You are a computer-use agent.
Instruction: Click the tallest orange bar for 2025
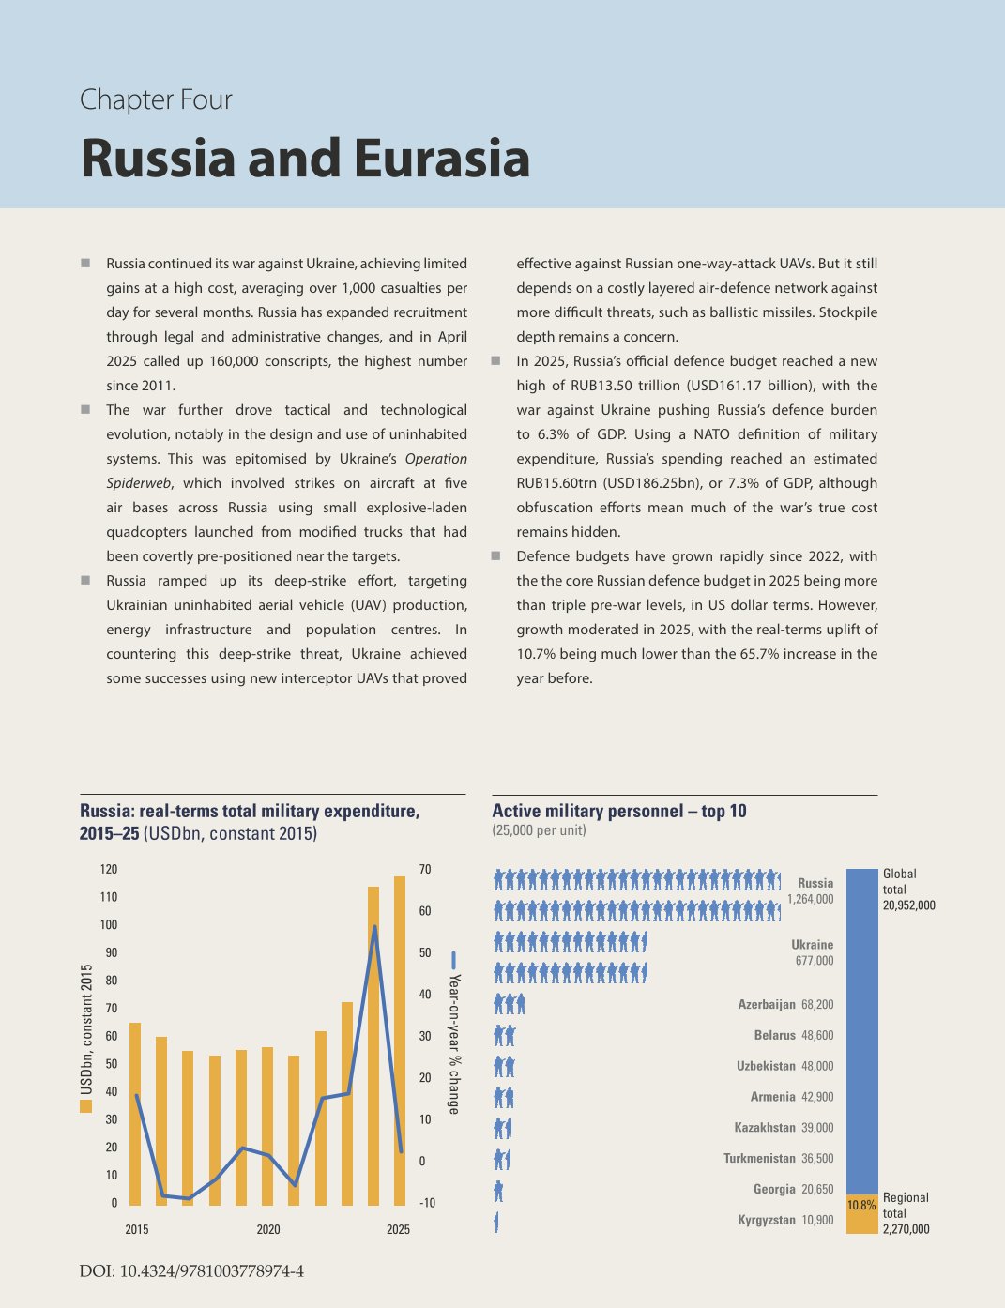coord(400,1041)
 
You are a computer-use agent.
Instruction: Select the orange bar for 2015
coord(135,1114)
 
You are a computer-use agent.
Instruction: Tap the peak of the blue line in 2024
coord(374,926)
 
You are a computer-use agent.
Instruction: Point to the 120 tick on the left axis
coord(109,869)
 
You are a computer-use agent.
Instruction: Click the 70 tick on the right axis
coord(425,869)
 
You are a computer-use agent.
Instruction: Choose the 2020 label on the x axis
coord(268,1229)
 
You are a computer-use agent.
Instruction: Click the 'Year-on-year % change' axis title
coord(454,1044)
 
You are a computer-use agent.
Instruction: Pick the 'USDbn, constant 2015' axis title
coord(86,1029)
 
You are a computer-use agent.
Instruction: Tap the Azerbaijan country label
coord(766,1004)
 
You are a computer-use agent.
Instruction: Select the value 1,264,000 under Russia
coord(810,899)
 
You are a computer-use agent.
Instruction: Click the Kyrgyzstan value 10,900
coord(817,1220)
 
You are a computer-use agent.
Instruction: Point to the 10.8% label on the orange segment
coord(861,1205)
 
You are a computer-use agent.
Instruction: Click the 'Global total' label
coord(900,881)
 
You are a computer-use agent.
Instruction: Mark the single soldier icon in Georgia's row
coord(498,1192)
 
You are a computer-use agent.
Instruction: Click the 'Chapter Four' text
coord(156,99)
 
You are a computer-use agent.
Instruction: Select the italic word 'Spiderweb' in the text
coord(138,482)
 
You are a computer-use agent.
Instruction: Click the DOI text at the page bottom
coord(191,1270)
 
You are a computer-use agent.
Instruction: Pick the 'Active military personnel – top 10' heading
coord(619,811)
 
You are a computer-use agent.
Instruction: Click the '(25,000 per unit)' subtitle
coord(539,830)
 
